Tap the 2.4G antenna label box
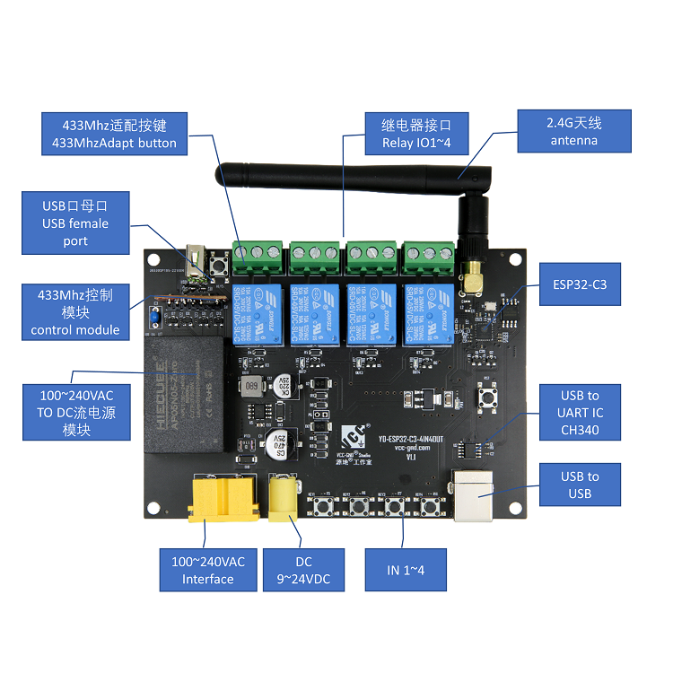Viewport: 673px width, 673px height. click(x=574, y=132)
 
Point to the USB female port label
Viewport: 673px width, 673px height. click(x=75, y=223)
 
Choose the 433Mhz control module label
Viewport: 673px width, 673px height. click(x=75, y=312)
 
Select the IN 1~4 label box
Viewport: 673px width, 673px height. click(x=405, y=570)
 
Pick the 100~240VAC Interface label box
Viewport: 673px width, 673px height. click(x=207, y=570)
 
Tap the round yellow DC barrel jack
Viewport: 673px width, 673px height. click(x=285, y=498)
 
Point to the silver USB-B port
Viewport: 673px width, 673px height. click(x=478, y=494)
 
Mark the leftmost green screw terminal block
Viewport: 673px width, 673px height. click(x=258, y=256)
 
